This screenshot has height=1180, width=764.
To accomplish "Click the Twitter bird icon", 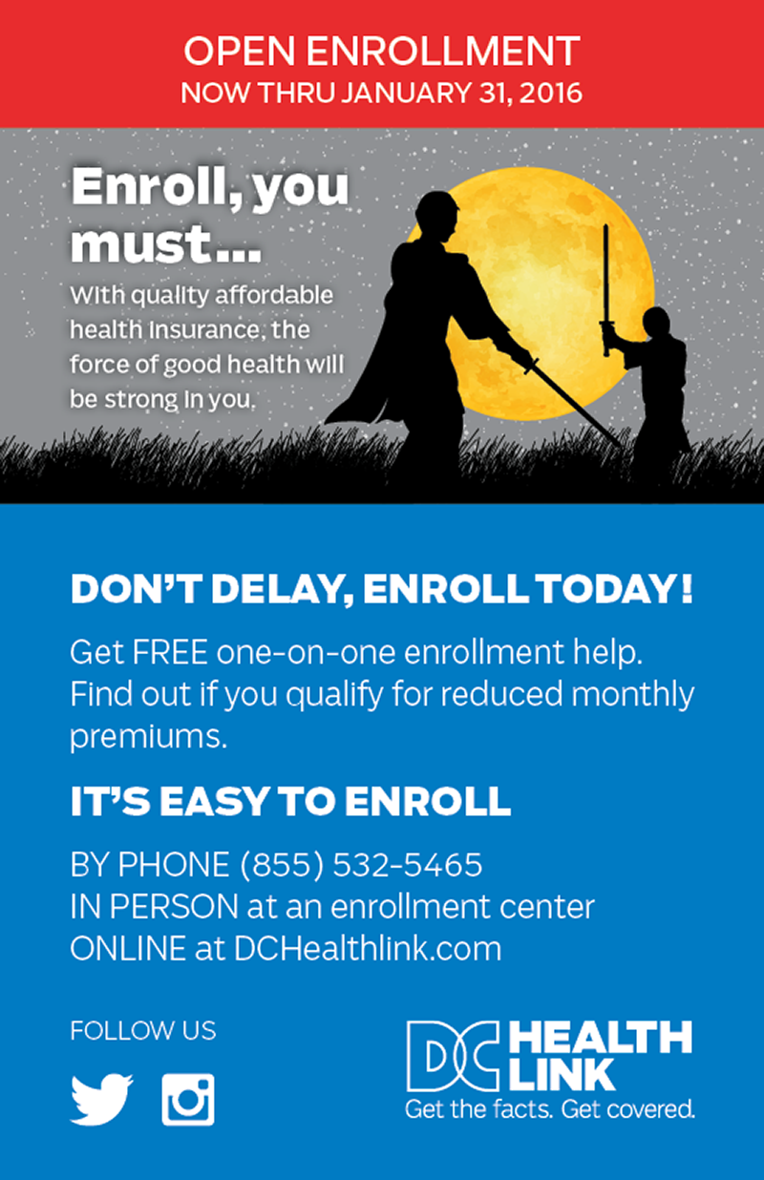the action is (101, 1099).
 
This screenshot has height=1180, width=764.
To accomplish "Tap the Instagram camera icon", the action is (188, 1100).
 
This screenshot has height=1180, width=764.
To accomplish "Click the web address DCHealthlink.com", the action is (368, 948).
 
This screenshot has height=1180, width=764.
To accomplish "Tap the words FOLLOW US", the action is (143, 1030).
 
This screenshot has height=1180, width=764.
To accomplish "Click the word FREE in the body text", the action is (170, 652).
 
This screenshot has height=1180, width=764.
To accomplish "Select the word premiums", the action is (149, 737).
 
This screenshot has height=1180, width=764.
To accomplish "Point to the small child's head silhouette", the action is (656, 323).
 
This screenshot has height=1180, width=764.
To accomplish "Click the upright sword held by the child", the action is (605, 289).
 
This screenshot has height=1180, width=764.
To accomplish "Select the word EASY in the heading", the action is (215, 801).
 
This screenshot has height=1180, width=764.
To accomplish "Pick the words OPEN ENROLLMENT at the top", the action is (382, 52).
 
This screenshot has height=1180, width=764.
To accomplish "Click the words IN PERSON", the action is (155, 907).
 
